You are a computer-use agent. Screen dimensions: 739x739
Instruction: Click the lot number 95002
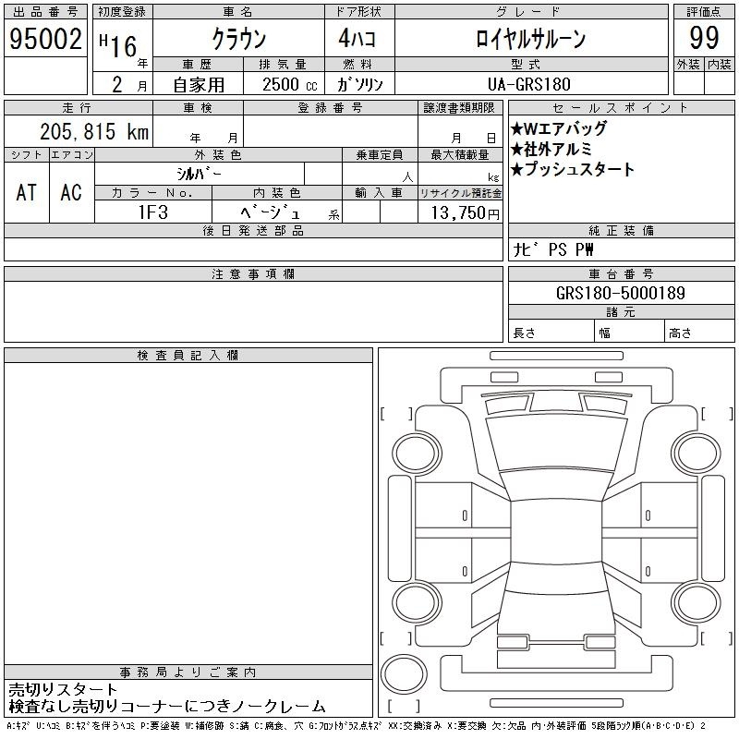(45, 39)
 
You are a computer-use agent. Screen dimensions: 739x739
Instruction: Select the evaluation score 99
(704, 38)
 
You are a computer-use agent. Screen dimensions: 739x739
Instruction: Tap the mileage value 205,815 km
(94, 131)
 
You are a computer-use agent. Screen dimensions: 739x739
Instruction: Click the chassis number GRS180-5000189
(621, 293)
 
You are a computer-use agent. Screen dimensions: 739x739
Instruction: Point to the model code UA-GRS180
(528, 84)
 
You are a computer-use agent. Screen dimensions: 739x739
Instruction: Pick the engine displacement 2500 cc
(289, 84)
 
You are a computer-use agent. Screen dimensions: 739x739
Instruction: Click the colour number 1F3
(153, 212)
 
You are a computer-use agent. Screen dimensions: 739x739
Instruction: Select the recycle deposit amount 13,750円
(465, 212)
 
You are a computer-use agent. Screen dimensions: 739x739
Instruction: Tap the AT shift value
(26, 192)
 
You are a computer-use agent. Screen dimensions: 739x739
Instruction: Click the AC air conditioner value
(71, 192)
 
